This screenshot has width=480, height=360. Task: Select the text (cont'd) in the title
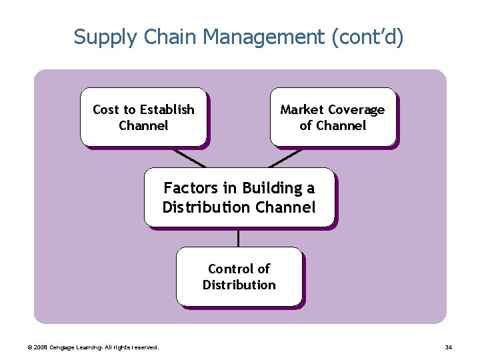click(x=367, y=37)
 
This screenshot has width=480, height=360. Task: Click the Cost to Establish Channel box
click(x=143, y=117)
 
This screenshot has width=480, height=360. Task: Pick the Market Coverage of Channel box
click(x=333, y=117)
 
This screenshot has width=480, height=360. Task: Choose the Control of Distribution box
click(x=239, y=276)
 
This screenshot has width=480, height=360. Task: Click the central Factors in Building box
click(x=239, y=197)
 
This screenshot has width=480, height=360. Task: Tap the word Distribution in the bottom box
click(x=239, y=285)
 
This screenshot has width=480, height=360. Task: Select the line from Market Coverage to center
click(x=285, y=157)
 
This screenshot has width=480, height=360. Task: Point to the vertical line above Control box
click(x=238, y=237)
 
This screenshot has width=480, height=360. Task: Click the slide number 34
click(x=448, y=347)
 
